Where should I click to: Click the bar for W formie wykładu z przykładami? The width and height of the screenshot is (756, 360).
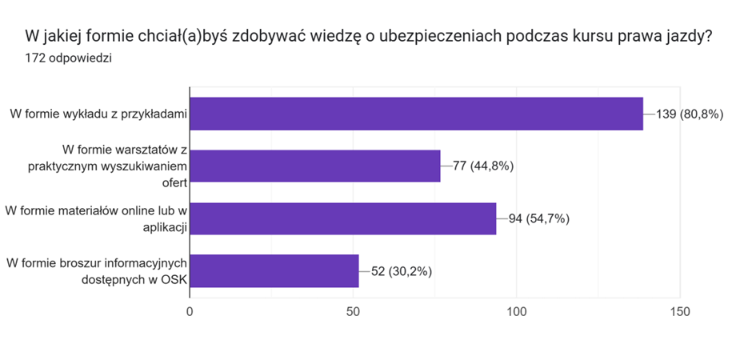416,114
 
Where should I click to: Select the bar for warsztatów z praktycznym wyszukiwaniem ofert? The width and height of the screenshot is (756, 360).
314,166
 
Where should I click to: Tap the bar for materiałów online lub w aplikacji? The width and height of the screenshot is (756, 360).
342,218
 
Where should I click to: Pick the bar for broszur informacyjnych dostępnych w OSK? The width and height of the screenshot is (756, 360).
274,270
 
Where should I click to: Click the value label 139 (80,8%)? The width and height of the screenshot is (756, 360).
690,114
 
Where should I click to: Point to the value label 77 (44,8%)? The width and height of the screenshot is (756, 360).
483,166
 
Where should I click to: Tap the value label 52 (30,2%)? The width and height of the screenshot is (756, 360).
402,270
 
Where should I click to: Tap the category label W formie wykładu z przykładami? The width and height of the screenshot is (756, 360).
98,114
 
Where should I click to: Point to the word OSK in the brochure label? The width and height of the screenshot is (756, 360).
172,279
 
